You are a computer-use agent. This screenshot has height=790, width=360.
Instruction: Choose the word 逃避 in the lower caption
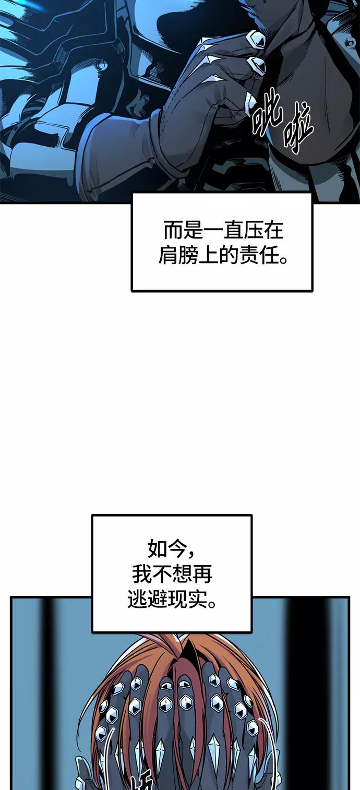tap(148, 600)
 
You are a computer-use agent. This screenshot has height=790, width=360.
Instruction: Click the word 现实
tap(188, 600)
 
